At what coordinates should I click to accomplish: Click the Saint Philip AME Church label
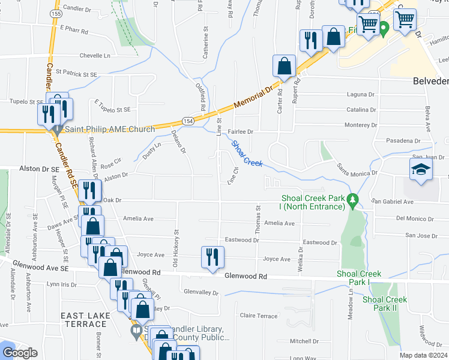tap(109, 129)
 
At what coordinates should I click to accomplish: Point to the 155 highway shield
tap(56, 13)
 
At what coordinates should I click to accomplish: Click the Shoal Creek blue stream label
tap(247, 154)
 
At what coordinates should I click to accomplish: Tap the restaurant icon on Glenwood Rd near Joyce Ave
tap(212, 258)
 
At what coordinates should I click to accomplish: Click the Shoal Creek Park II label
tap(384, 304)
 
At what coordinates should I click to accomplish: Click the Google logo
tap(19, 353)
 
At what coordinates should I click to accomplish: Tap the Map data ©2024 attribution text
tap(423, 355)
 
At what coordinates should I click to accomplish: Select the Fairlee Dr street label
tap(241, 131)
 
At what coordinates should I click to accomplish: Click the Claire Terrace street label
tap(258, 316)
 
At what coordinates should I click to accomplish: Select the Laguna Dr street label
tap(361, 95)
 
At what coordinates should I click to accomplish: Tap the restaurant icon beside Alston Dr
tap(88, 191)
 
